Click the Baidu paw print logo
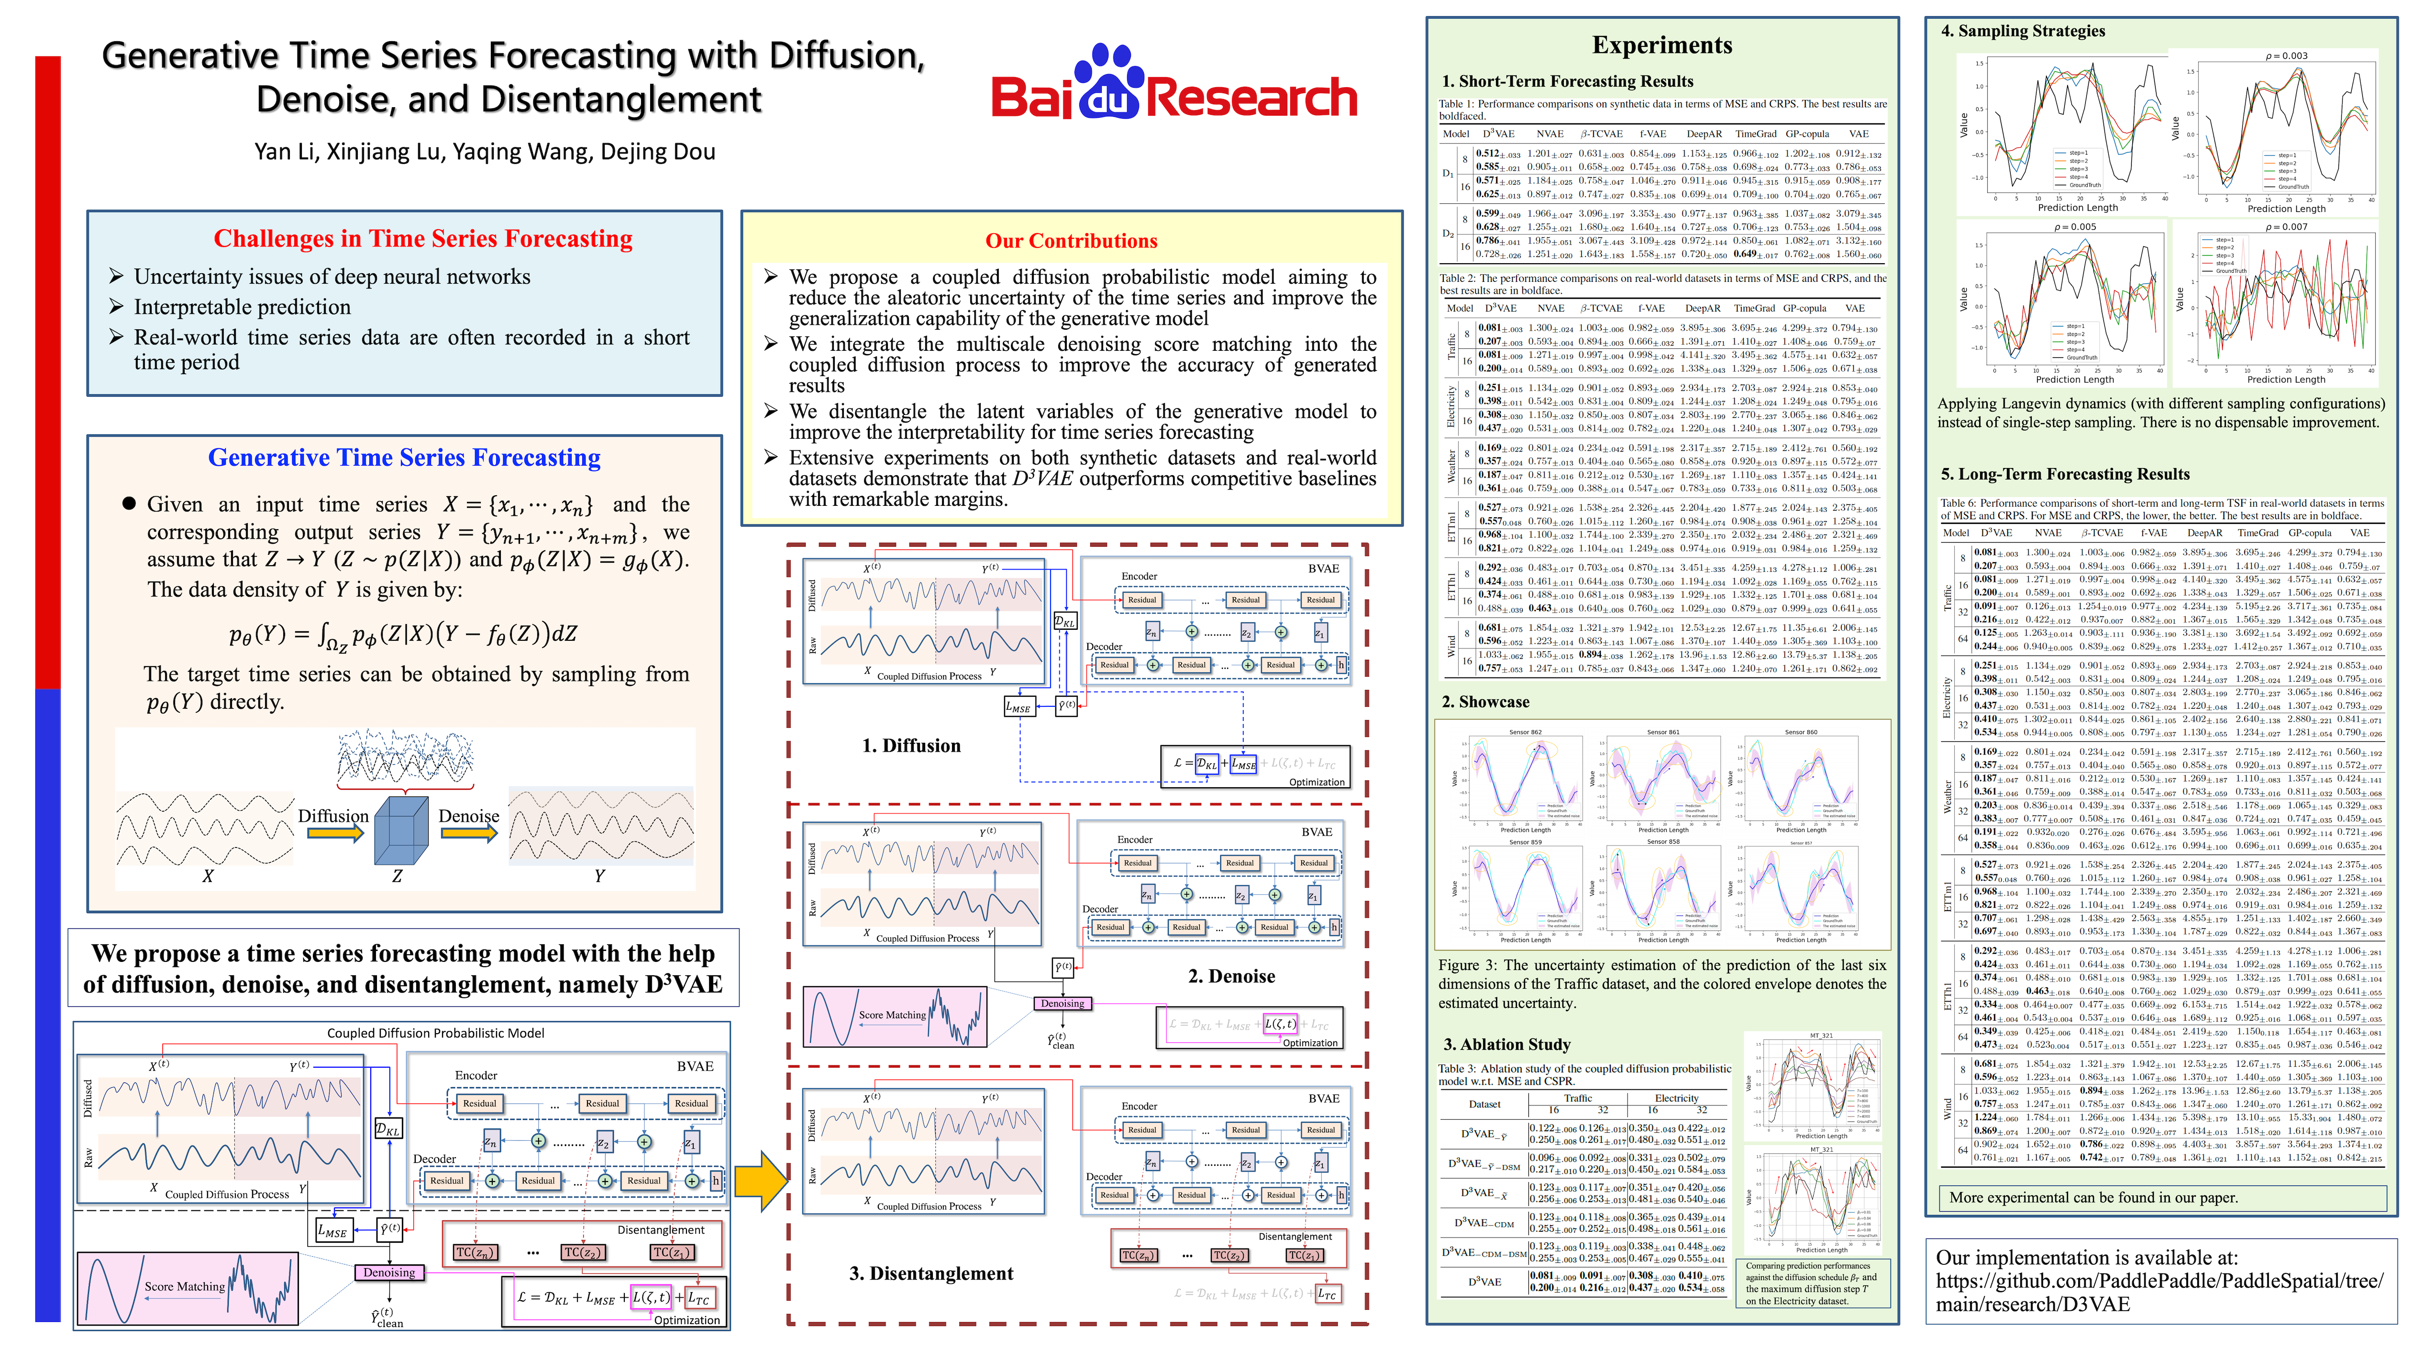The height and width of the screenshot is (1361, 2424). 1108,83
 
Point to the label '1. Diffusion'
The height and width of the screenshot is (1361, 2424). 911,746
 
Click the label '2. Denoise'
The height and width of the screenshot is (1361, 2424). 1231,976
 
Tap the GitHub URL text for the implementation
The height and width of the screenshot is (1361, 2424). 2158,1292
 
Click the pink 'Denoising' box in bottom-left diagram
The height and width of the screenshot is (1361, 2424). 388,1272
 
